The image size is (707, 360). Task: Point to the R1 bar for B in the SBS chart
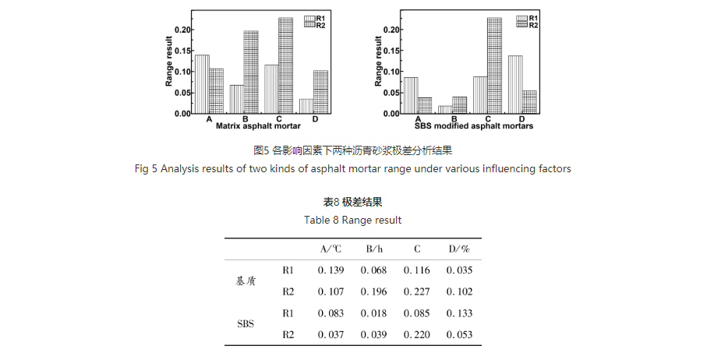[x=444, y=110]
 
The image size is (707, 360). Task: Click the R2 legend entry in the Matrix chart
[x=314, y=26]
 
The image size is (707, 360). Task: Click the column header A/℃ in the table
[x=331, y=249]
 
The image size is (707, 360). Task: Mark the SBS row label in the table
[x=246, y=323]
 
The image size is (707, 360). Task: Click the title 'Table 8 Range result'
[x=353, y=220]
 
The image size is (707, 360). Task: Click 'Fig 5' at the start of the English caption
[x=146, y=168]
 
